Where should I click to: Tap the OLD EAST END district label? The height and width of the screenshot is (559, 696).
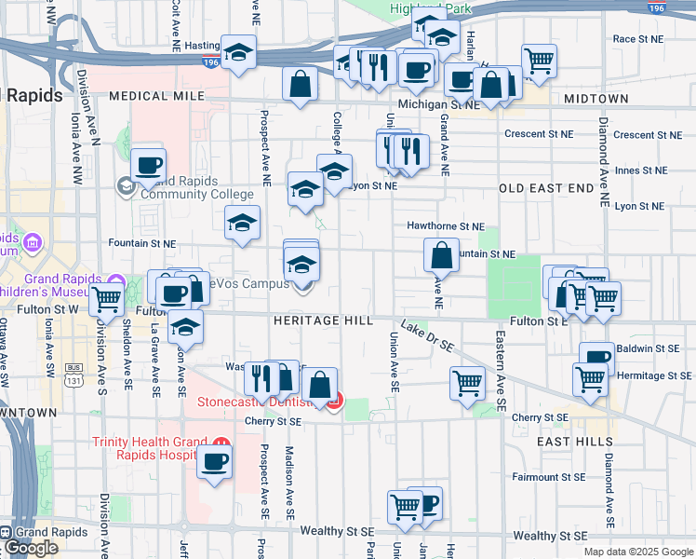point(546,188)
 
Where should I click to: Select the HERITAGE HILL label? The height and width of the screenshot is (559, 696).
point(323,320)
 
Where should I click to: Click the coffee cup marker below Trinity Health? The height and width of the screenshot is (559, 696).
point(215,461)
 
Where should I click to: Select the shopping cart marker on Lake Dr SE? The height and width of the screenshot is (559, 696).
point(467,382)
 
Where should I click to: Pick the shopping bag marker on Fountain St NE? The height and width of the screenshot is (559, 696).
point(441,255)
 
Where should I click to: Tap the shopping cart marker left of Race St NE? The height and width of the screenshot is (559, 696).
point(540,61)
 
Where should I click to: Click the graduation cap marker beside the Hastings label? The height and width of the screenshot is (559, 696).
point(239,52)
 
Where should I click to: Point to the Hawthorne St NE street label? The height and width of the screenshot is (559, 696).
point(446,225)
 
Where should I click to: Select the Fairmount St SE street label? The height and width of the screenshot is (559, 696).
point(549,477)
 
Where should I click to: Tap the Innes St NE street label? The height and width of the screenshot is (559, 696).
point(641,170)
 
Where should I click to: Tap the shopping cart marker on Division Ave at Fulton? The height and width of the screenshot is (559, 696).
point(107,301)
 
